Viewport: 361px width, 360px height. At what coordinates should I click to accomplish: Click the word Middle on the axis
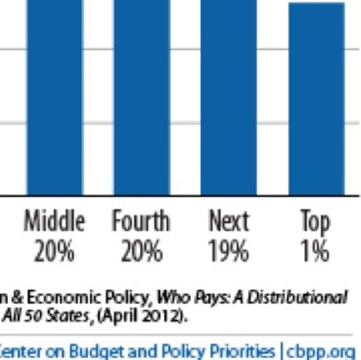55,222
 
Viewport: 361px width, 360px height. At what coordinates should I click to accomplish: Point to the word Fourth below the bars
141,222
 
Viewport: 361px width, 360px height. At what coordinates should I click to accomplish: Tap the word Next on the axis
229,222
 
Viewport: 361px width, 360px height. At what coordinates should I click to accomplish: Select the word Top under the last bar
315,222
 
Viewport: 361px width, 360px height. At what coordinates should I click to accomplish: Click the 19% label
229,252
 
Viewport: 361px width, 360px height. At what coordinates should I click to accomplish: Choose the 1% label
315,252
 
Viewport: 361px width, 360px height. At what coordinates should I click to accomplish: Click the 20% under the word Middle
55,252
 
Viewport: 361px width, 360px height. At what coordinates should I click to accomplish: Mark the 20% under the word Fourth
141,252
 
